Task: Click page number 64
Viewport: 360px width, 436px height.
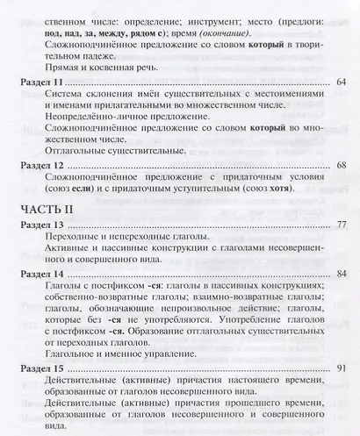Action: point(342,81)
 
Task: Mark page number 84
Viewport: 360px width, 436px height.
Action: point(342,275)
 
